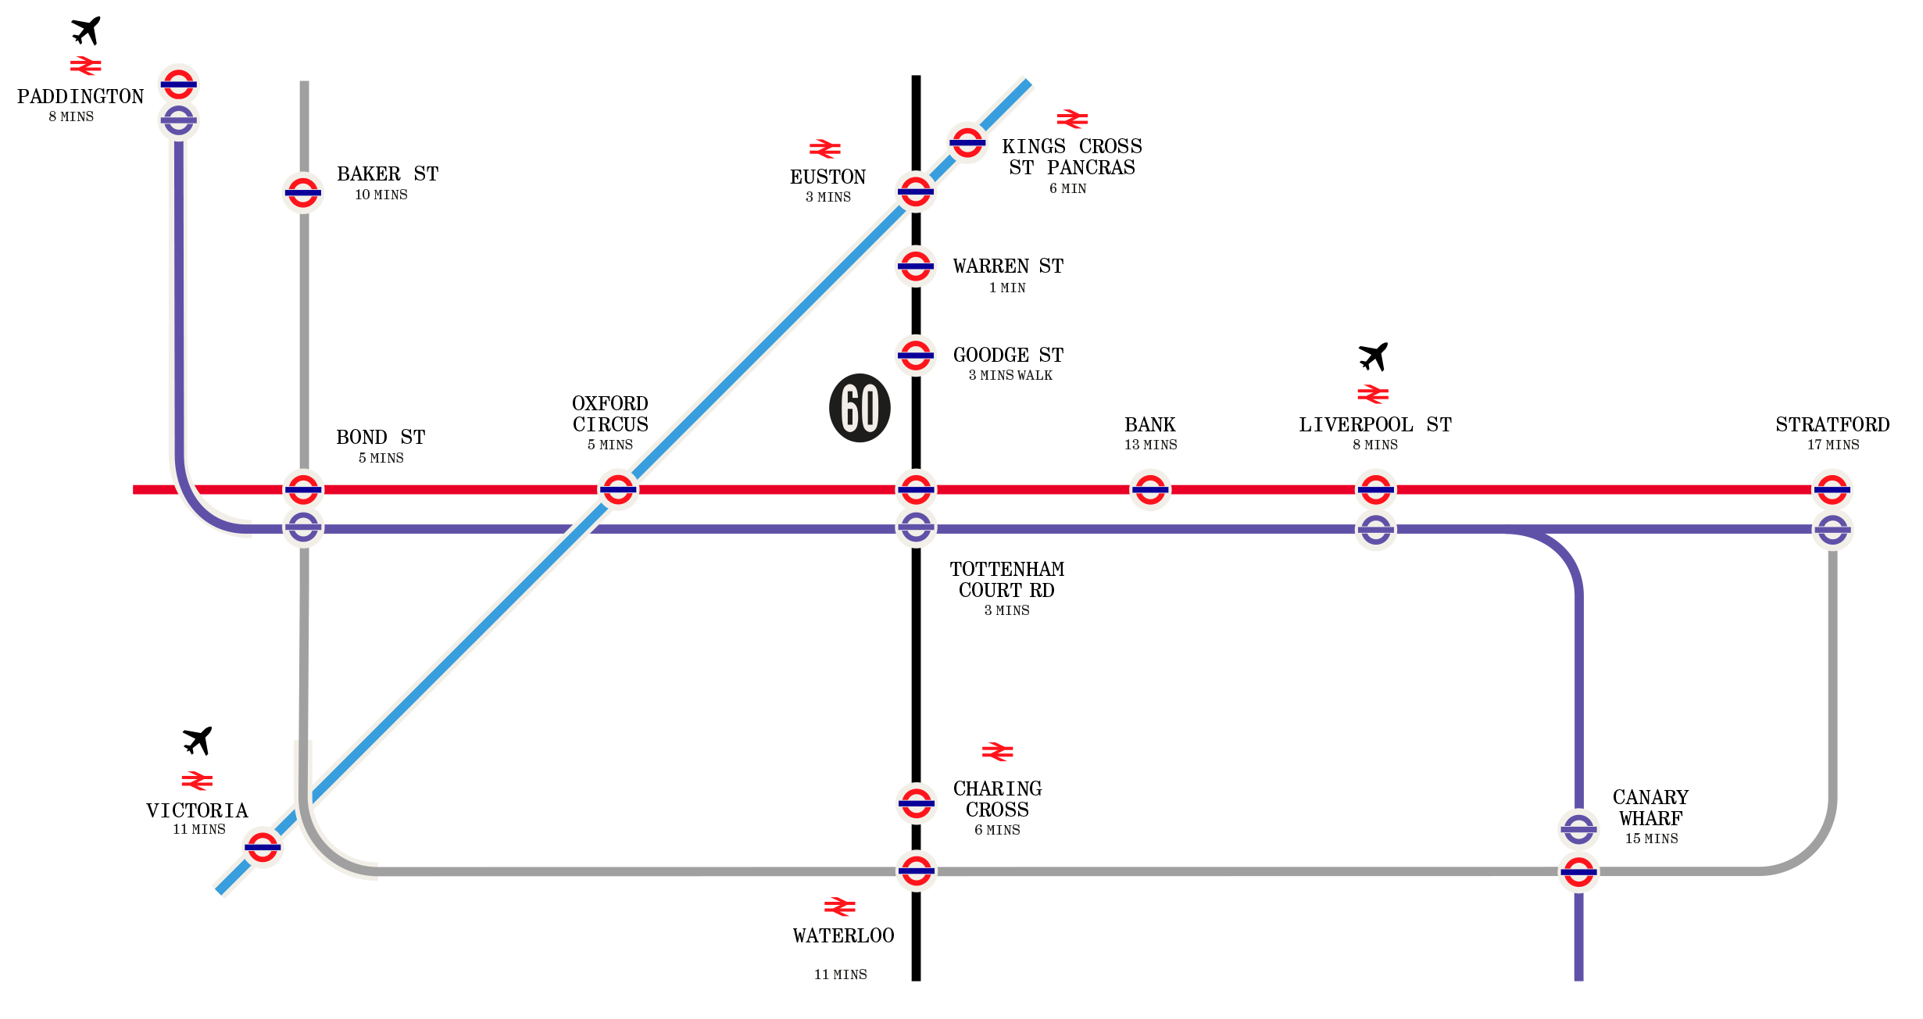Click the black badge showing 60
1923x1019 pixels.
[x=860, y=408]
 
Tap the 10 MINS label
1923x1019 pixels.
[x=381, y=195]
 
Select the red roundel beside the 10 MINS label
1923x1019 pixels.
[x=303, y=192]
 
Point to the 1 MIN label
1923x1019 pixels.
[x=1007, y=288]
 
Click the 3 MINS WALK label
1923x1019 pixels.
[x=1010, y=375]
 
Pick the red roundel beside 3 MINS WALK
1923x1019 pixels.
[x=916, y=356]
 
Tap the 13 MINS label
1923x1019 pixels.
[x=1150, y=445]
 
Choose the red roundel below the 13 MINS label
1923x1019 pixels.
[x=1150, y=490]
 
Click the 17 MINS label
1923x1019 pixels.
[x=1833, y=445]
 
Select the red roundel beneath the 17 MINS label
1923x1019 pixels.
[x=1832, y=490]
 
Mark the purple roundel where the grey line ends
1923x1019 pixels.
[x=1832, y=530]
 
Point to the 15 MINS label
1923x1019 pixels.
[x=1651, y=838]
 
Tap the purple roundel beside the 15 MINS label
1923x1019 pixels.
[x=1578, y=830]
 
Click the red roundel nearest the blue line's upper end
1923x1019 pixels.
[x=967, y=142]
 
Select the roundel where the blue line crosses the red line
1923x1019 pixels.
[x=618, y=490]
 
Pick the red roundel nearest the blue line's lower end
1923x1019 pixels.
[x=263, y=847]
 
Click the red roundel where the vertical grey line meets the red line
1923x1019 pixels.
[x=303, y=490]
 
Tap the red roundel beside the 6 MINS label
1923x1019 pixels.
[x=916, y=803]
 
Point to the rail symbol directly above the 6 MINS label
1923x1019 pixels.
[x=998, y=752]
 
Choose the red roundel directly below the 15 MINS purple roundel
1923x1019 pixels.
[x=1578, y=872]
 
